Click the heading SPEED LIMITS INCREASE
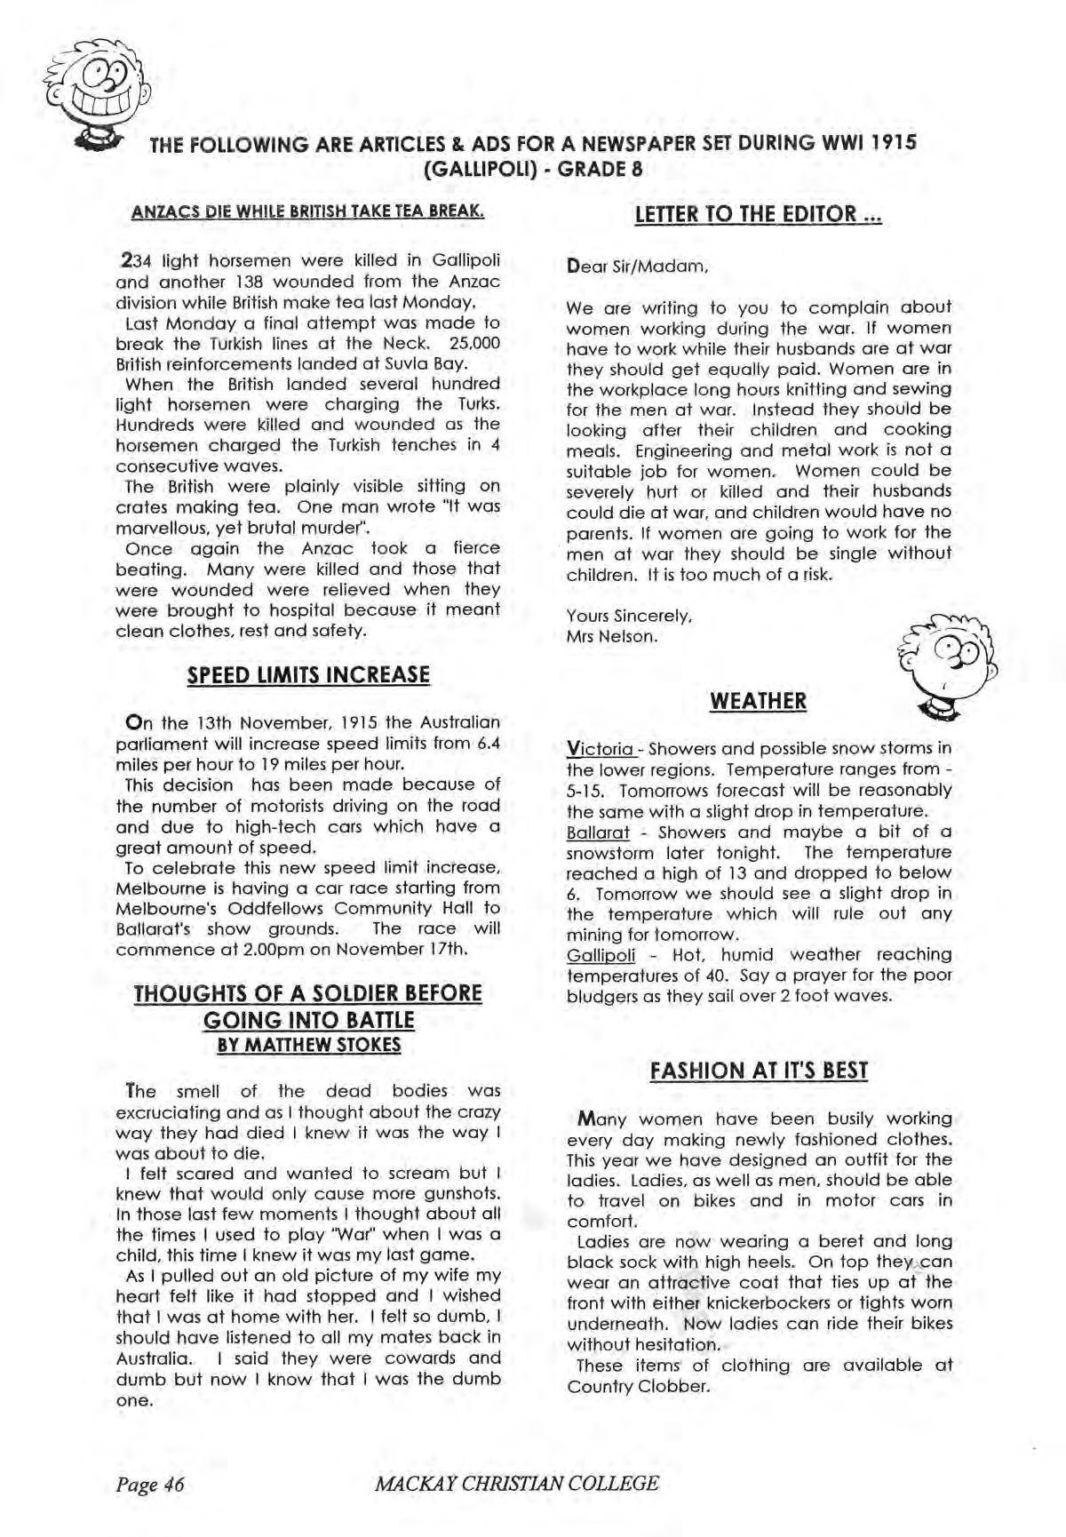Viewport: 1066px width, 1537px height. tap(308, 675)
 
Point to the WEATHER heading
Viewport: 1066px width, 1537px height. tap(758, 702)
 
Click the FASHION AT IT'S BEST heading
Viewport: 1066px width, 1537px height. tap(759, 1071)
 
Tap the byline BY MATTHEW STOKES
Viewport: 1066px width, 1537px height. tap(308, 1045)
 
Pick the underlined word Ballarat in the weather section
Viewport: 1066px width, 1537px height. tap(598, 832)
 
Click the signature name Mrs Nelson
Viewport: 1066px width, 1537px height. tap(611, 636)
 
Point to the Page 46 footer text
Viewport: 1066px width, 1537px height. tap(149, 1484)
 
